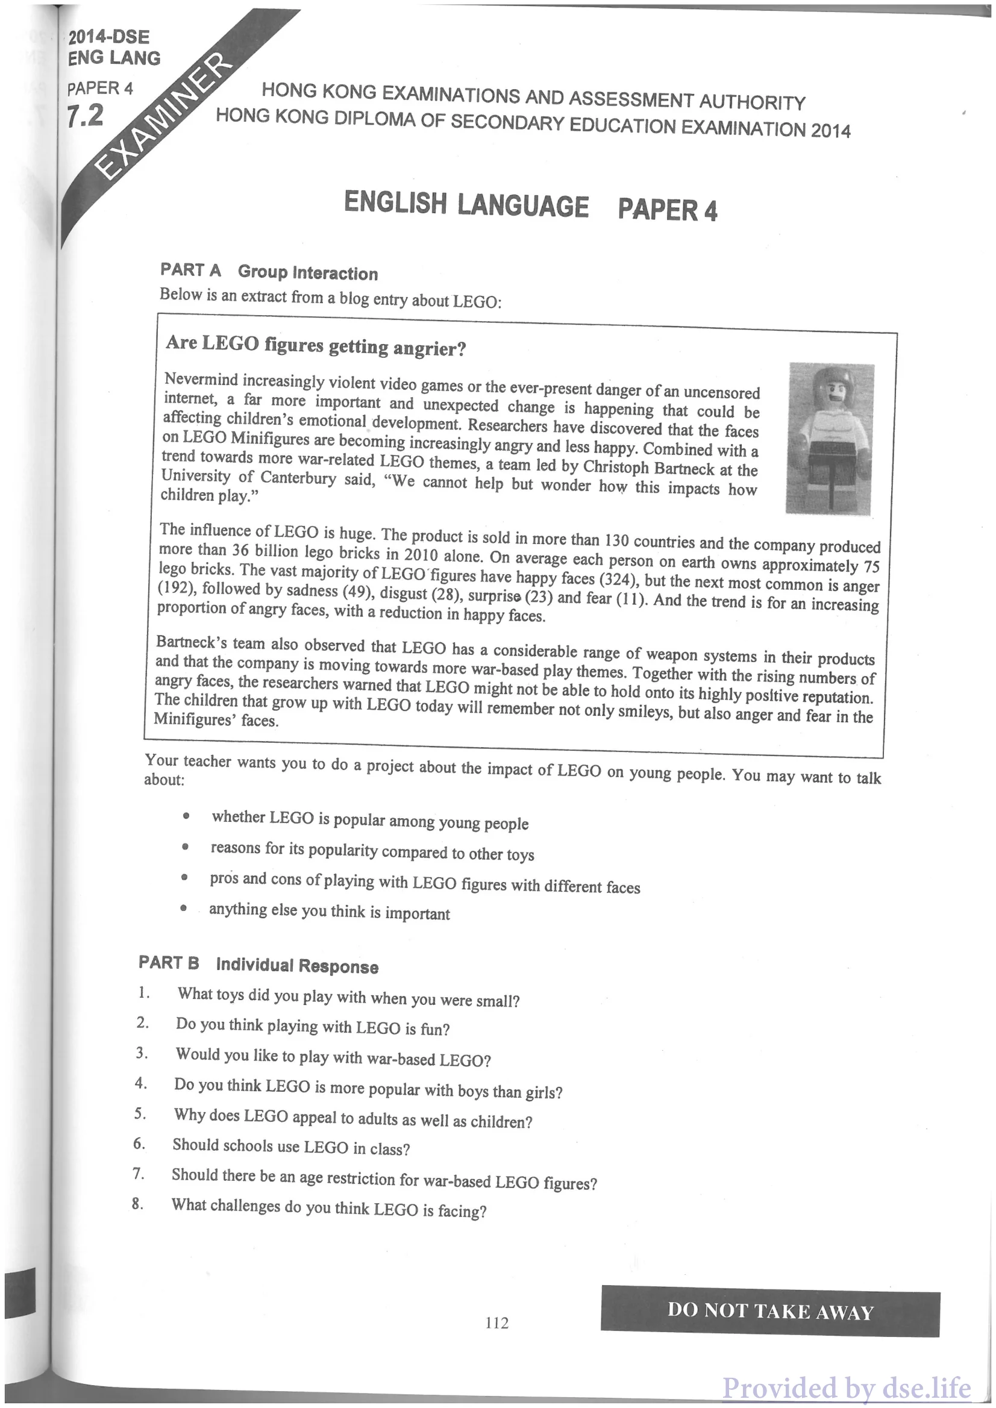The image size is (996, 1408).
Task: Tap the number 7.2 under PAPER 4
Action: [85, 115]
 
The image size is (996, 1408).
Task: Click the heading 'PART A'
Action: [190, 270]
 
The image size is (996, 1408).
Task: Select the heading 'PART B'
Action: [169, 962]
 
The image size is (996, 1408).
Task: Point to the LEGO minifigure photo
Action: [830, 438]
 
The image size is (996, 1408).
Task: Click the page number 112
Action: [496, 1324]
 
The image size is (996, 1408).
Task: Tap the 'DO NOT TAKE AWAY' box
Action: [769, 1311]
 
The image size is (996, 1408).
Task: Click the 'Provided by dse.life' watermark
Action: [847, 1387]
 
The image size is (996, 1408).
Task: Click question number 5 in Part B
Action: [140, 1113]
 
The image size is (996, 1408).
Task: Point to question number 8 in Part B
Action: [137, 1204]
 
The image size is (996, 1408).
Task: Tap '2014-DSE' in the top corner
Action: [109, 37]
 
